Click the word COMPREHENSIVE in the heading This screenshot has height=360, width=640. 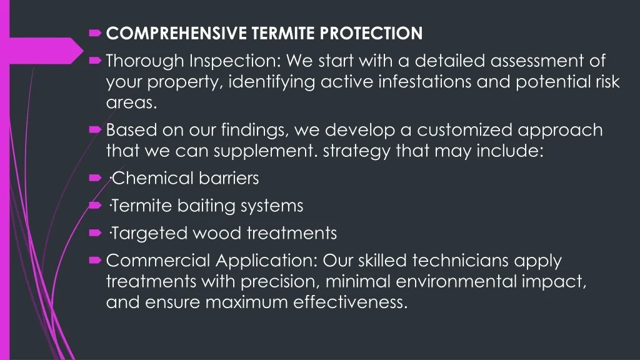coord(176,34)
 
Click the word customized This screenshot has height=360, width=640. coord(464,130)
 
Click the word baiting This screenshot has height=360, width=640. coord(206,206)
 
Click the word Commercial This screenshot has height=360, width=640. coord(158,261)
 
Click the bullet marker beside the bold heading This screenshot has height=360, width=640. coord(95,33)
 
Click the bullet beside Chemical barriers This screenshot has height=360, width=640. coord(95,178)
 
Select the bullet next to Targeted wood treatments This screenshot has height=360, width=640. coord(95,232)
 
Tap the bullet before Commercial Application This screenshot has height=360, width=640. coord(95,261)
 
